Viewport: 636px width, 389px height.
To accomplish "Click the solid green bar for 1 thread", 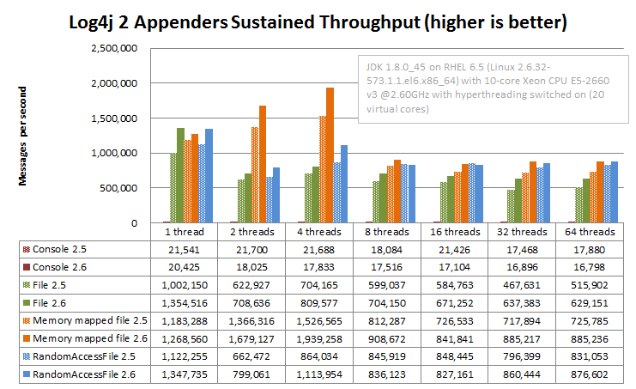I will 180,175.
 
